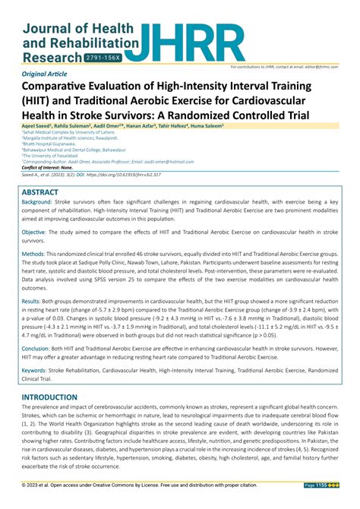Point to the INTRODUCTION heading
55,397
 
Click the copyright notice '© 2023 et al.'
42,485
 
